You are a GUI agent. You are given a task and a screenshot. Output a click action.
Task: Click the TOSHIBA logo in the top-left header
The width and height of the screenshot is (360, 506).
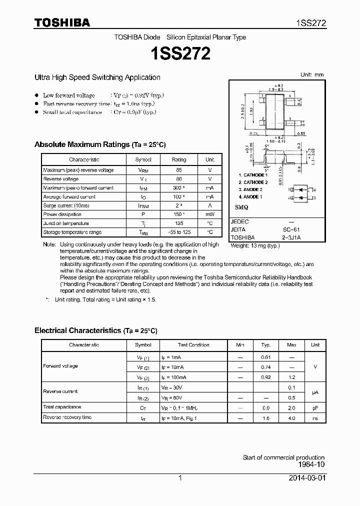click(62, 22)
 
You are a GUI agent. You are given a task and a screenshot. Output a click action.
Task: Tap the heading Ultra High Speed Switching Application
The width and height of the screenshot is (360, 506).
click(97, 77)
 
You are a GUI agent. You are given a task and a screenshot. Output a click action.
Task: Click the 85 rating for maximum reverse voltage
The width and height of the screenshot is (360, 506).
click(179, 170)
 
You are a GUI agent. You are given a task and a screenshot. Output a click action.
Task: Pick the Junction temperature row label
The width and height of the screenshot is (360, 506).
click(66, 223)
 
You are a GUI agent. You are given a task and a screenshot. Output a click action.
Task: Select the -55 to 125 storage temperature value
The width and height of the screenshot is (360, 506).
click(179, 232)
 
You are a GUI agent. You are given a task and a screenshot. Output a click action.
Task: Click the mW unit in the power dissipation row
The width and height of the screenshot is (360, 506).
click(209, 214)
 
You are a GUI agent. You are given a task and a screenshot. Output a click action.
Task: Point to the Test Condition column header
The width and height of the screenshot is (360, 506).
click(193, 345)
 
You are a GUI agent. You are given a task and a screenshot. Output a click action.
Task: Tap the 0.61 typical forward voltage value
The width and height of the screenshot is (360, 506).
click(266, 357)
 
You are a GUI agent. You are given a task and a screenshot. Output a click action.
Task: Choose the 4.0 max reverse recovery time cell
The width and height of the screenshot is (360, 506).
click(291, 417)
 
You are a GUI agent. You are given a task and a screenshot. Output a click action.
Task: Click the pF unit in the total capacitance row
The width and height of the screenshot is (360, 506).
click(315, 407)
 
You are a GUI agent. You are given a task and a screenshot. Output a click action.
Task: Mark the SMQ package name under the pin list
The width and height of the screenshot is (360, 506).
click(241, 207)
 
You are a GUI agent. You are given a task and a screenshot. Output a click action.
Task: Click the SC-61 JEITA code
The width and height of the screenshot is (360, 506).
click(291, 229)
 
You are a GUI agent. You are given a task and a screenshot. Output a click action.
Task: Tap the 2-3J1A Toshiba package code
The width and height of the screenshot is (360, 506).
click(291, 237)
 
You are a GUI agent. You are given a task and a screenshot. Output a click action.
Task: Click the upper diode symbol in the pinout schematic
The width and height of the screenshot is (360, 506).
click(302, 190)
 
